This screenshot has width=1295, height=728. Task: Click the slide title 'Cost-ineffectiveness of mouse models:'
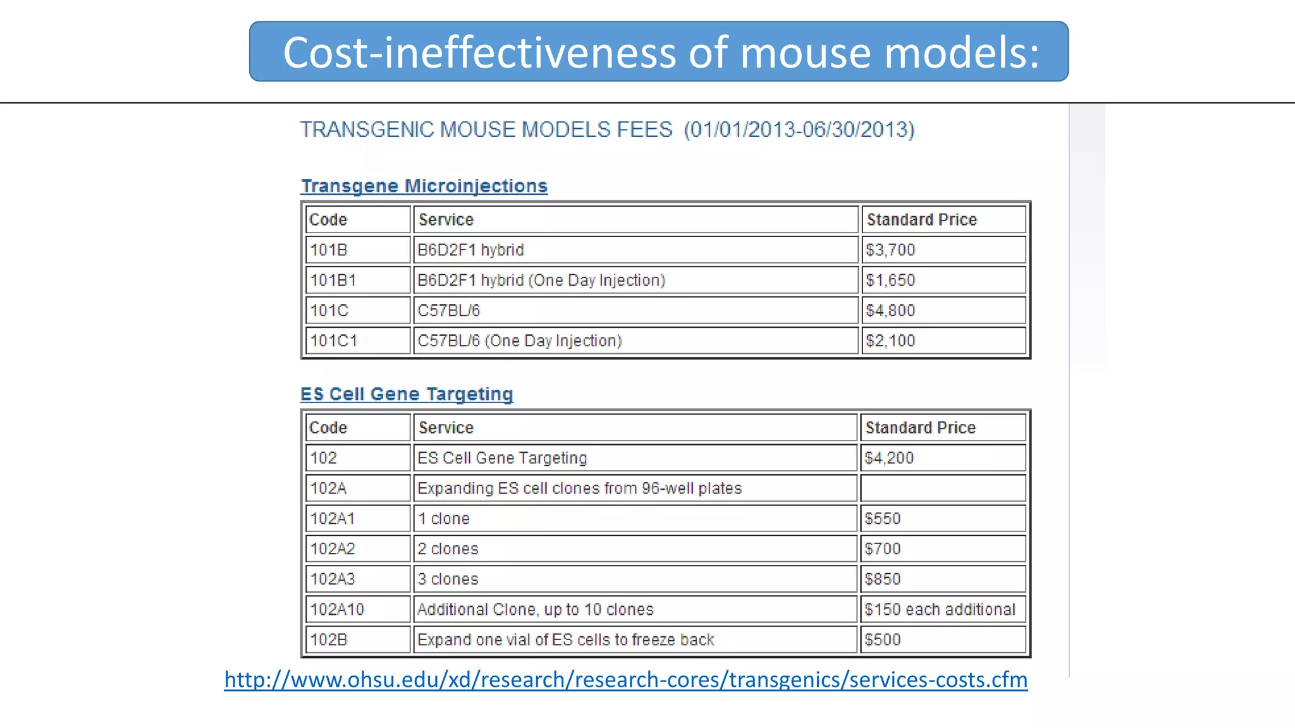point(660,52)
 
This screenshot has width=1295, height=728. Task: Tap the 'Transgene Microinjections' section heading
point(424,186)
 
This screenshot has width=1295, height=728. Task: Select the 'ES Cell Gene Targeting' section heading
point(407,394)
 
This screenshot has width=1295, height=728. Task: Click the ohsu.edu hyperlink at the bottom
point(625,679)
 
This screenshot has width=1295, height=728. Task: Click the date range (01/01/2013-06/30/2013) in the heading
point(799,130)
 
